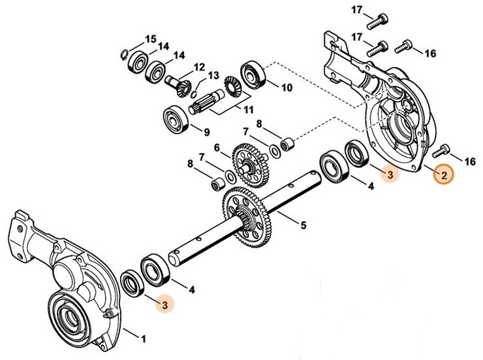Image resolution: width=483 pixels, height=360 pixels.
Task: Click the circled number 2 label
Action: [x=443, y=175]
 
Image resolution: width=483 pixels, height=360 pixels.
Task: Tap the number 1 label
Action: [x=144, y=338]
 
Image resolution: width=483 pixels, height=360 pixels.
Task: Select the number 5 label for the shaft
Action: [x=303, y=226]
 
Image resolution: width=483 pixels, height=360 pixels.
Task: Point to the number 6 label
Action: [x=217, y=148]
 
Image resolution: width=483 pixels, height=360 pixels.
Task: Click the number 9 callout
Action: [x=206, y=131]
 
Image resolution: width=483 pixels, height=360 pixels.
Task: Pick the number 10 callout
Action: [x=287, y=86]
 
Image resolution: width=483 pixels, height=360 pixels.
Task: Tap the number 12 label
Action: [x=198, y=67]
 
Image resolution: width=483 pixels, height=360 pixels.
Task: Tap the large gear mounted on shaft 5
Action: [x=247, y=213]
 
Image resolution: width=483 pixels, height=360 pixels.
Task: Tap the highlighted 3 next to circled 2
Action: [x=390, y=175]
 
